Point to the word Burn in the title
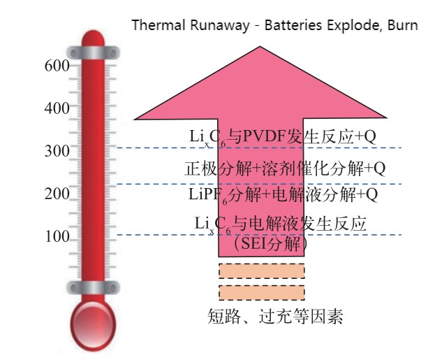pyautogui.click(x=402, y=27)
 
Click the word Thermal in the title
pyautogui.click(x=154, y=27)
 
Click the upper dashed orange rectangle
pyautogui.click(x=262, y=271)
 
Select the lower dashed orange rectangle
pyautogui.click(x=262, y=292)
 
